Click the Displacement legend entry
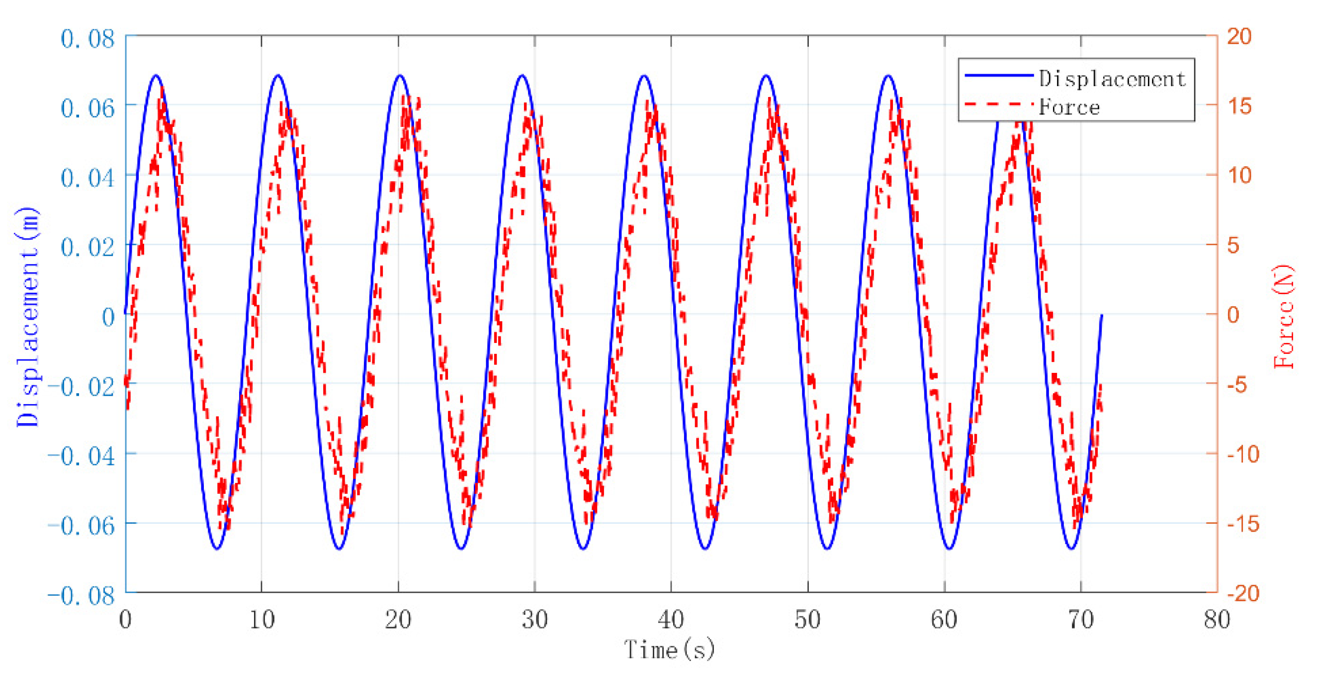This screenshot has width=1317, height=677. point(1112,79)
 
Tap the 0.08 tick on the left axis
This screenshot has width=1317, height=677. point(88,39)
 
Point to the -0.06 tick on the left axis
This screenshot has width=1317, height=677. point(82,525)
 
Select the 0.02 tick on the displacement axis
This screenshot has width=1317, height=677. point(88,247)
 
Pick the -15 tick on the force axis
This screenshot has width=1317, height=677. point(1243,524)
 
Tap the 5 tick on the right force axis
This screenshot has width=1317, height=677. point(1233,245)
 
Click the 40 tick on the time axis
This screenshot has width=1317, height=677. point(671,620)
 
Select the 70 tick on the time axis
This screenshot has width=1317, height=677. point(1081,620)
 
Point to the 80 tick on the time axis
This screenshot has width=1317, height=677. point(1217,620)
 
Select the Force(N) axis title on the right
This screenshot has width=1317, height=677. point(1284,317)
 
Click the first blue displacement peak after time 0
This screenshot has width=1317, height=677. point(156,75)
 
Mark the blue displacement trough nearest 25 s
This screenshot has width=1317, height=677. point(461,549)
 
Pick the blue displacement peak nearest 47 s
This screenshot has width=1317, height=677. point(766,75)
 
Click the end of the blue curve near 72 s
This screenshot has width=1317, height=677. point(1101,315)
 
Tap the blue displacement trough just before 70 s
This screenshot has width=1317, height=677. point(1071,549)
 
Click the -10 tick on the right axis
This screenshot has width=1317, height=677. point(1243,454)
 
